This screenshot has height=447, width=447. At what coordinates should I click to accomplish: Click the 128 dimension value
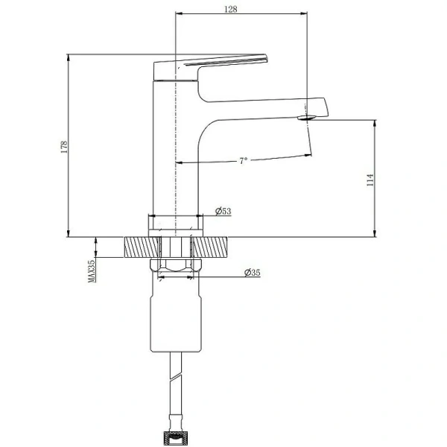[231, 10]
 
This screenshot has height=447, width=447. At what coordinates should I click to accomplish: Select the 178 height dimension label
[64, 147]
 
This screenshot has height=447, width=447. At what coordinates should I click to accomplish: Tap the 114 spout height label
[370, 180]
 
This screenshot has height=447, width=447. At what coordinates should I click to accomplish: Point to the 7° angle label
[243, 161]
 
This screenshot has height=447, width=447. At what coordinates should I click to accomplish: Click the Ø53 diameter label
[223, 212]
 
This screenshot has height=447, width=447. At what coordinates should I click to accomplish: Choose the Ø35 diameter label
[253, 273]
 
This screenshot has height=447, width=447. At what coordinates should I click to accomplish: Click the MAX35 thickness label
[92, 271]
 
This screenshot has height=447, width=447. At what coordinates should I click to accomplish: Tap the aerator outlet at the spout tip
[307, 117]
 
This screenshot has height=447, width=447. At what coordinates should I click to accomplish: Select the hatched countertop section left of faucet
[142, 247]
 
